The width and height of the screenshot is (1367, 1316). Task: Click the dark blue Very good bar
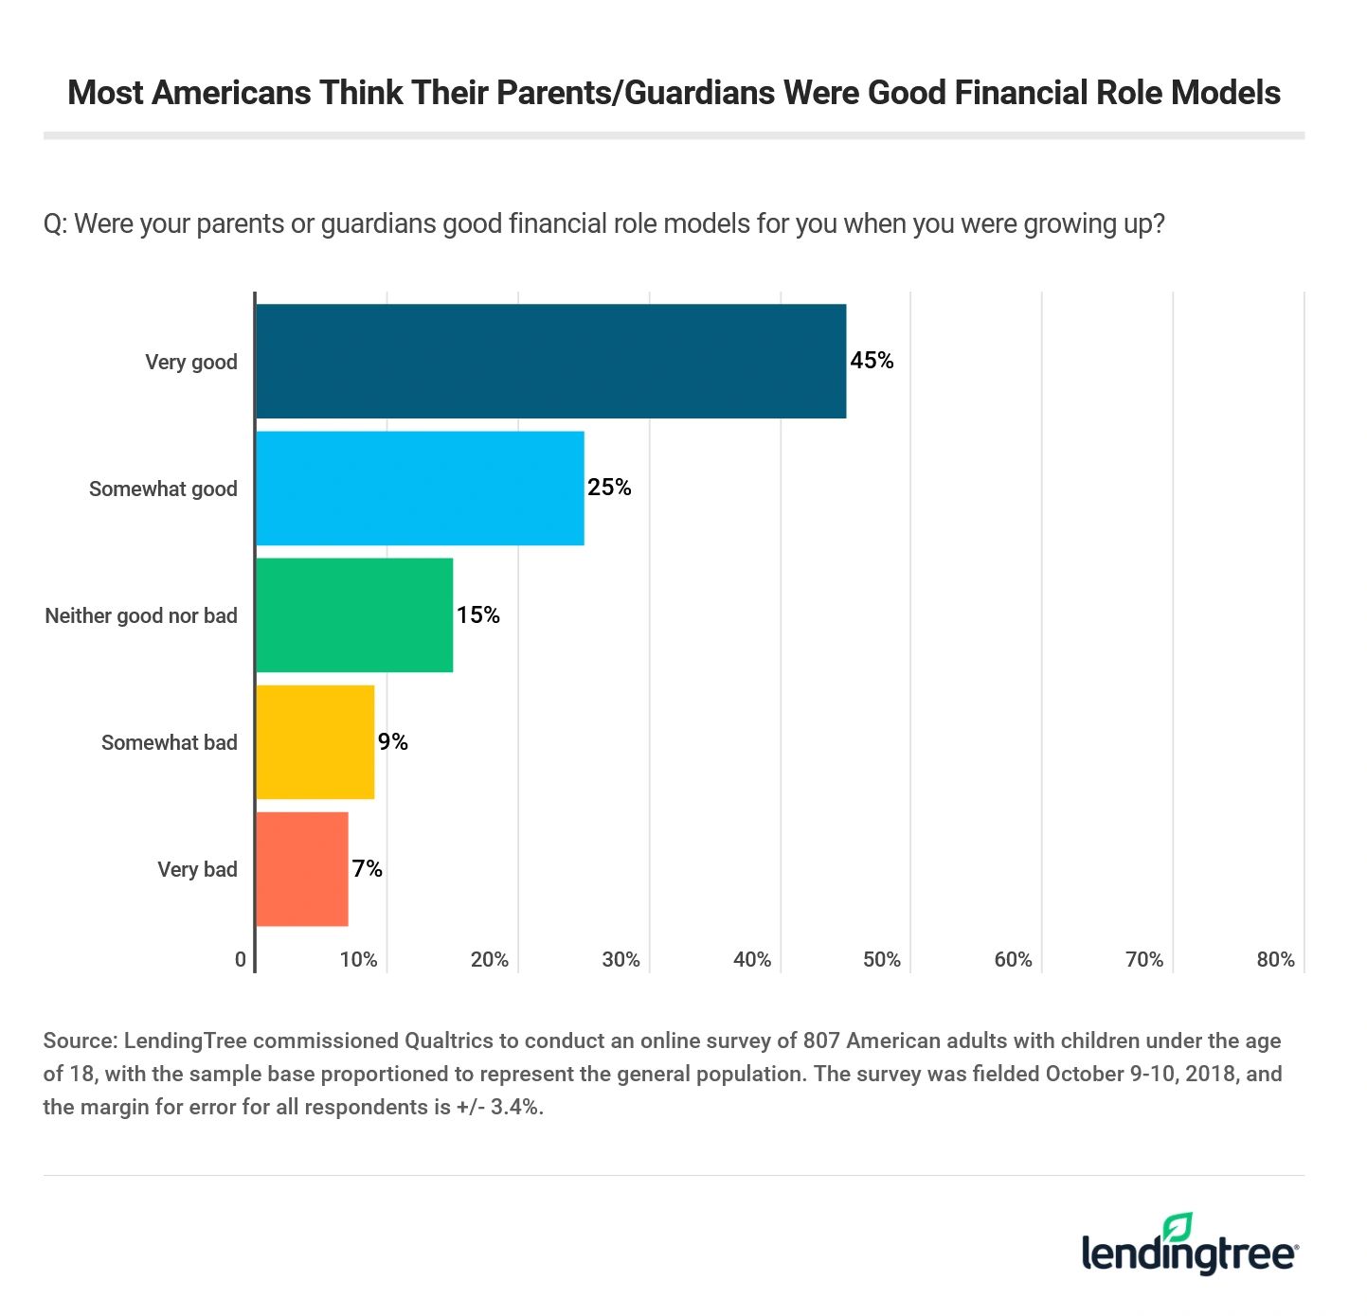click(x=550, y=361)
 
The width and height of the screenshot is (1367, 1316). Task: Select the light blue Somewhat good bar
click(x=420, y=488)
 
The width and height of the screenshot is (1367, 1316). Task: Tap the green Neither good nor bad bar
click(x=354, y=614)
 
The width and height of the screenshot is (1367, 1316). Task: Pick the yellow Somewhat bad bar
click(x=315, y=741)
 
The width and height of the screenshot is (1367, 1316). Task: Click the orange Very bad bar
click(x=302, y=868)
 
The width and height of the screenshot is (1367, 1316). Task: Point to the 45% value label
click(x=872, y=361)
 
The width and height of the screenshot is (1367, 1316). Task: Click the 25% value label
click(x=609, y=488)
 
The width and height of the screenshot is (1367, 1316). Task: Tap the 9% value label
click(x=393, y=742)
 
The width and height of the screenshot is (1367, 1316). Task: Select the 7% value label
click(x=368, y=869)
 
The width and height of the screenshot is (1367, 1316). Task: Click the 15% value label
click(x=478, y=615)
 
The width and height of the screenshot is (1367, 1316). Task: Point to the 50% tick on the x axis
click(x=882, y=960)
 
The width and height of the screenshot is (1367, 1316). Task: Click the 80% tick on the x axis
click(x=1275, y=960)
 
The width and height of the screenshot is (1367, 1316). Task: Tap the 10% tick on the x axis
click(x=359, y=960)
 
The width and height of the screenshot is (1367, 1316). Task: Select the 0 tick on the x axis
click(x=241, y=960)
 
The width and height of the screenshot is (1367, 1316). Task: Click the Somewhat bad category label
click(x=170, y=742)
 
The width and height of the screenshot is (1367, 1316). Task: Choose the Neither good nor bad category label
click(x=141, y=615)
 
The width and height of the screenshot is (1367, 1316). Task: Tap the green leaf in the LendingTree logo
click(x=1178, y=1227)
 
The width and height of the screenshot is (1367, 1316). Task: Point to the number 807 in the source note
click(x=820, y=1041)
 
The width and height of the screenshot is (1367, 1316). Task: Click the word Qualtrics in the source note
click(x=449, y=1041)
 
